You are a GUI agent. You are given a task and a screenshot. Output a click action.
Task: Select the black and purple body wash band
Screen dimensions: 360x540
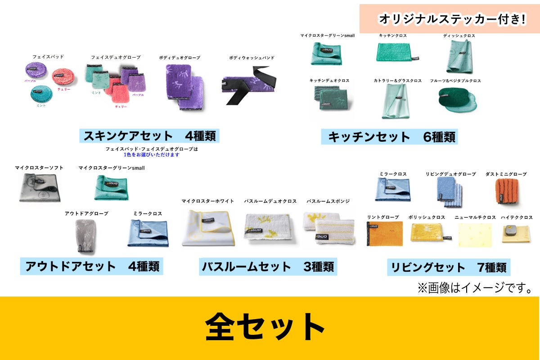(248, 85)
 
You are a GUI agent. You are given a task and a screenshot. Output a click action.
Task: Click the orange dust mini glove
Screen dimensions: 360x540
(507, 191)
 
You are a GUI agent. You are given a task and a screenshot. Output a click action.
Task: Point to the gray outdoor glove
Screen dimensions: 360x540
(85, 235)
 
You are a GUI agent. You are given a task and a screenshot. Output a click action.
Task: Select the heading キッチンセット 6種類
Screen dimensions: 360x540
(389, 137)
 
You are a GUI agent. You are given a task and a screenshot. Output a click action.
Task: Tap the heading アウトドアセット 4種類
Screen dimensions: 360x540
(92, 266)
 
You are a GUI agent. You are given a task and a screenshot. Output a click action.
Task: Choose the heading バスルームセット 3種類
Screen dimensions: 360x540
(268, 267)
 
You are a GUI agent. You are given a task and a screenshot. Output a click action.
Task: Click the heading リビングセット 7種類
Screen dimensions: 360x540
(449, 268)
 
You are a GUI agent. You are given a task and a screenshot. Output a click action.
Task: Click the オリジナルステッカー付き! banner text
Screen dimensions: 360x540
(452, 19)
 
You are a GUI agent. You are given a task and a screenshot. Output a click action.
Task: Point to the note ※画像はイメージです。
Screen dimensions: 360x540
(475, 288)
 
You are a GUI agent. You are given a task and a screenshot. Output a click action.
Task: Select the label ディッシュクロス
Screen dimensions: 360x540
(459, 36)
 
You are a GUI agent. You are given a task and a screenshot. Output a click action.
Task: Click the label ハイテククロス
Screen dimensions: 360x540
(517, 217)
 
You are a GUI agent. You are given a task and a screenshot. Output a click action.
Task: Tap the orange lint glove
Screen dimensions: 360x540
(385, 234)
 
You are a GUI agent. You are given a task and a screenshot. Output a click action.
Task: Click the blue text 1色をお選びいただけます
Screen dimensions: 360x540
(152, 155)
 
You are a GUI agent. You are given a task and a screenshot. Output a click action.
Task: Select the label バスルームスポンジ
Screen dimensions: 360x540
(328, 201)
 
